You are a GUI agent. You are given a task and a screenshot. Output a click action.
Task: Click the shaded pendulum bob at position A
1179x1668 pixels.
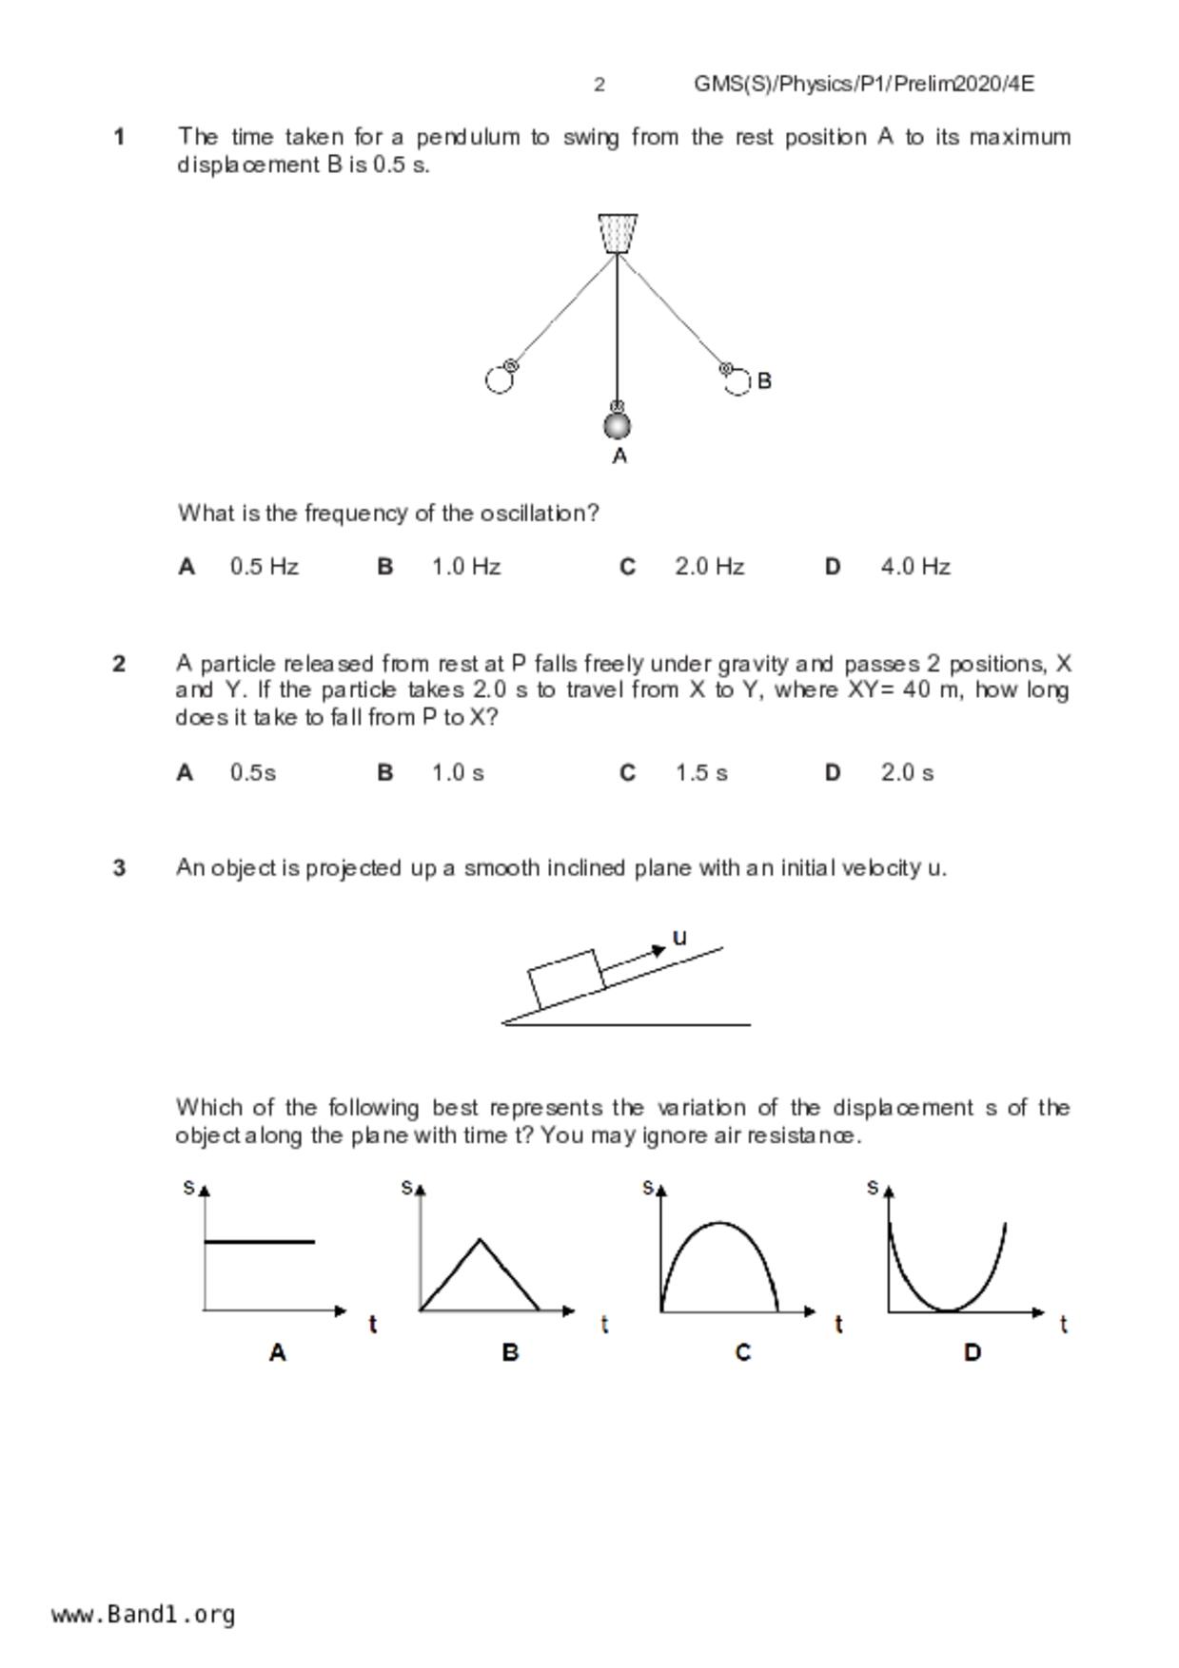(618, 425)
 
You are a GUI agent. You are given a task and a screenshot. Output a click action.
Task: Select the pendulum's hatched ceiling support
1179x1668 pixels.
(618, 233)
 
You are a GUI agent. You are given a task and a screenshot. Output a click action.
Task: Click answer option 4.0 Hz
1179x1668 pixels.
(914, 567)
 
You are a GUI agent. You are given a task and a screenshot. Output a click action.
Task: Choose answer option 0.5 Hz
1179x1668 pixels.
(264, 567)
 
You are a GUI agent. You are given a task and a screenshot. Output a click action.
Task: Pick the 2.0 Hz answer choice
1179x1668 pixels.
(709, 567)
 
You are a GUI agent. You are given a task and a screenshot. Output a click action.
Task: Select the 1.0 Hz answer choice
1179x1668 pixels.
(465, 567)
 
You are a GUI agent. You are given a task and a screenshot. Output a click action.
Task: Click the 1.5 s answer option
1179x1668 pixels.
(701, 772)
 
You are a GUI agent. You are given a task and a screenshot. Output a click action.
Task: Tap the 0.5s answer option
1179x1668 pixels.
(252, 772)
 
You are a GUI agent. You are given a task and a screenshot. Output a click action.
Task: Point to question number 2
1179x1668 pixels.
(119, 664)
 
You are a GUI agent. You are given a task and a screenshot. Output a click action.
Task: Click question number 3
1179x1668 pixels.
(119, 868)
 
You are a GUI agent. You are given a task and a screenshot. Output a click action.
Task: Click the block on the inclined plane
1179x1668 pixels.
(566, 979)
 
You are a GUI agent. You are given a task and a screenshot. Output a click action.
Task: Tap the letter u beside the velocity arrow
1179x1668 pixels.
(679, 938)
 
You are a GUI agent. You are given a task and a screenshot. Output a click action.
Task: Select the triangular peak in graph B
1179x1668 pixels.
(480, 1240)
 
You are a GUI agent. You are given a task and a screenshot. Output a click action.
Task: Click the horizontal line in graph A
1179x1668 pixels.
(259, 1241)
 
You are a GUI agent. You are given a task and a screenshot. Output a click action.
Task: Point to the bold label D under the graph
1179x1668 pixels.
(972, 1352)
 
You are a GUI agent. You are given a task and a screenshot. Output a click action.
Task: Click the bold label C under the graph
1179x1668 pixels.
(743, 1352)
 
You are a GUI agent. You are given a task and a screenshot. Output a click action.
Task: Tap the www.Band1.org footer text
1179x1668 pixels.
(144, 1614)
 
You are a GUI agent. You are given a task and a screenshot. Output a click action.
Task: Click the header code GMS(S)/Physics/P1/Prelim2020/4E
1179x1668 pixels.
(863, 85)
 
